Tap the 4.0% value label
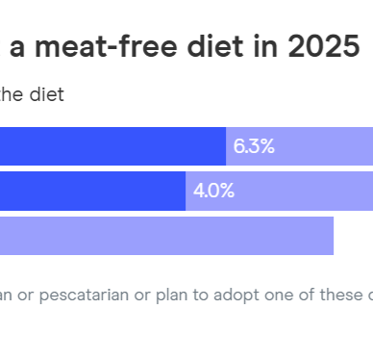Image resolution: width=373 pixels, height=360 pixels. tap(213, 191)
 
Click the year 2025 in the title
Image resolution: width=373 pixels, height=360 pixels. tap(319, 46)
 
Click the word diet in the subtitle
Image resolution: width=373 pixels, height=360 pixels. tap(48, 94)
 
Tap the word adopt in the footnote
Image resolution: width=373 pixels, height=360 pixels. tap(234, 295)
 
